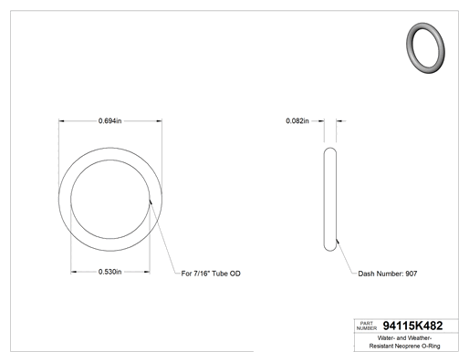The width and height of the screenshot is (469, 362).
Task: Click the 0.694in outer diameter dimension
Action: [109, 121]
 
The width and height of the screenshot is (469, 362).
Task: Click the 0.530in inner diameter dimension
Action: [109, 272]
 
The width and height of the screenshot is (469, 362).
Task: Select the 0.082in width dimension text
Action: [297, 121]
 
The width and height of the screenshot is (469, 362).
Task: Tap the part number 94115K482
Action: [412, 326]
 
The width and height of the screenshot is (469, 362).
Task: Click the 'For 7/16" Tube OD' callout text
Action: [211, 274]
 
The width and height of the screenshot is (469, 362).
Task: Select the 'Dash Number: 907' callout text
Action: [388, 274]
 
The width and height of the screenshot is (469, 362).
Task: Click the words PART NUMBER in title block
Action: [367, 326]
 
